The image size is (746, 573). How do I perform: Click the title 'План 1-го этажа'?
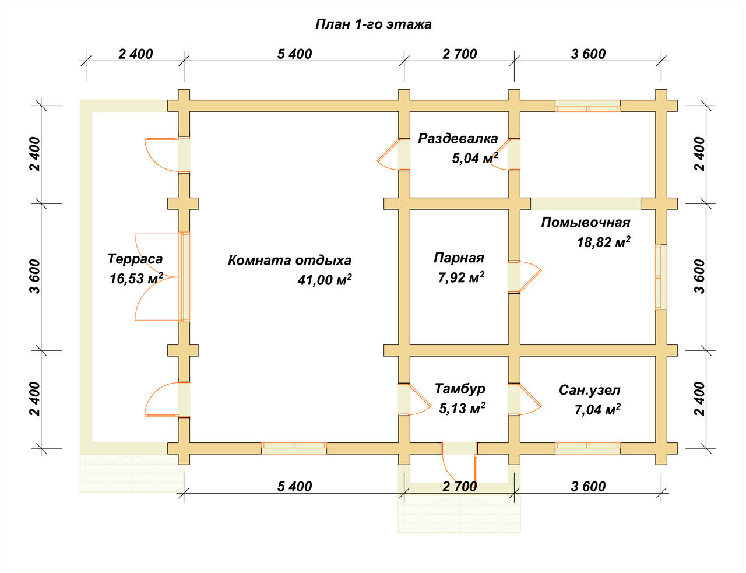[x=373, y=24]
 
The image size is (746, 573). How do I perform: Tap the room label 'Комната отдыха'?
[x=290, y=261]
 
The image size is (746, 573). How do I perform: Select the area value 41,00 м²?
[x=325, y=280]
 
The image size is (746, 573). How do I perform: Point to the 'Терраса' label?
[x=135, y=259]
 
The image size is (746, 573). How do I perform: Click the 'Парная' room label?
[x=459, y=258]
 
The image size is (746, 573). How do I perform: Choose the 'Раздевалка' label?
[x=458, y=138]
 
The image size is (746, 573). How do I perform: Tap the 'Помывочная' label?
[x=586, y=223]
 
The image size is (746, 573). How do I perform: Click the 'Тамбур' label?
[x=460, y=388]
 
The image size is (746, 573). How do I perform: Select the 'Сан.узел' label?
[x=589, y=390]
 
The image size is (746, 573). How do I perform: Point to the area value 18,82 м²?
[x=604, y=242]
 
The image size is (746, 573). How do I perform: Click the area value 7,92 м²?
[x=461, y=277]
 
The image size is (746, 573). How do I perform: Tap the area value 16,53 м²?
[x=136, y=279]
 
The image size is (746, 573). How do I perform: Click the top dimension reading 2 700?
[x=459, y=54]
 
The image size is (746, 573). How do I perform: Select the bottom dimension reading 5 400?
[x=294, y=487]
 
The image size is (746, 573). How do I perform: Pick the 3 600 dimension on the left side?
[x=35, y=276]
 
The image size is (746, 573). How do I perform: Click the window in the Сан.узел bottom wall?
[x=587, y=448]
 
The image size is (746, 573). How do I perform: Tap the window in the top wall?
[x=587, y=106]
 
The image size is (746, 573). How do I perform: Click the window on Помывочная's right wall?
[x=661, y=277]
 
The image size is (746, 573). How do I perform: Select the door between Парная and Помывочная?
[x=524, y=277]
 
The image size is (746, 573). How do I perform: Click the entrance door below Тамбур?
[x=459, y=462]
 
